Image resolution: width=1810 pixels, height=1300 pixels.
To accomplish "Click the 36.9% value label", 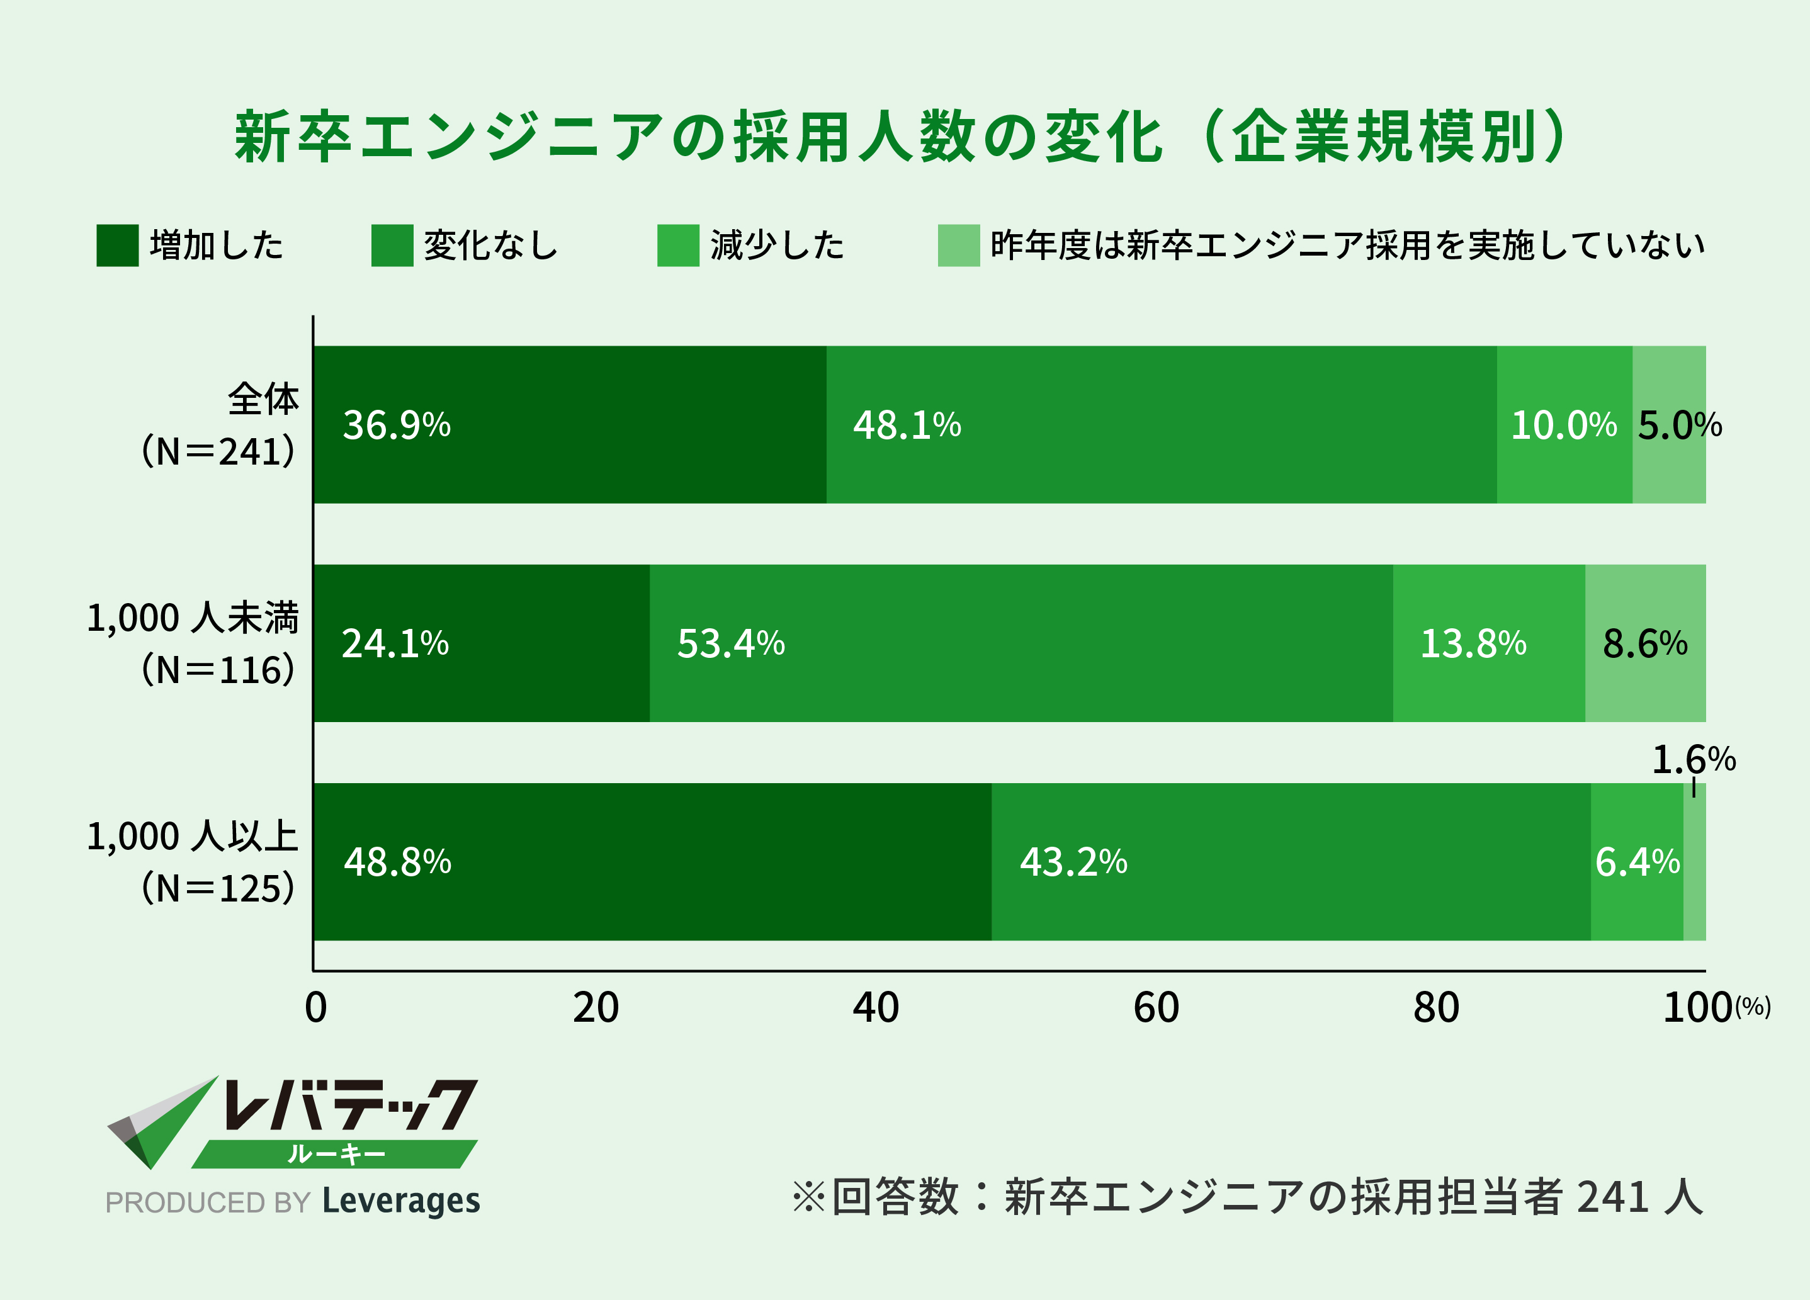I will click(x=397, y=426).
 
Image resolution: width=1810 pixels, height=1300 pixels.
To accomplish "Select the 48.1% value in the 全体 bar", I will click(x=907, y=426).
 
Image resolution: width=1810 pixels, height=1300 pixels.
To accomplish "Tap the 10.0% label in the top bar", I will click(x=1563, y=426).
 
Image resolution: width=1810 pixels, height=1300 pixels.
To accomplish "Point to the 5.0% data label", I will click(x=1679, y=426).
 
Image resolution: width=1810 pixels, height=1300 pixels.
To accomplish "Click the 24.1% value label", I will click(x=395, y=644).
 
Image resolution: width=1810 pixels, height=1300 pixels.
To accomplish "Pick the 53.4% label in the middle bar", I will click(x=730, y=644).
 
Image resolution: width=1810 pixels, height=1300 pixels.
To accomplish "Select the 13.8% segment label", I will click(x=1473, y=644).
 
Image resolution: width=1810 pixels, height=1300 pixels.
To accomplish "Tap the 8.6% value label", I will click(x=1645, y=644).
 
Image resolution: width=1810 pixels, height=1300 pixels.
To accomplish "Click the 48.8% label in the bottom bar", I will click(x=397, y=862).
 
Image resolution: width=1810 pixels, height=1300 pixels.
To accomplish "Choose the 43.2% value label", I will click(x=1073, y=862).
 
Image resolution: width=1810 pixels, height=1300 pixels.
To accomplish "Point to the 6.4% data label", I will click(x=1637, y=862).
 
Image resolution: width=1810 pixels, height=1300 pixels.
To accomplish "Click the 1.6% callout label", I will click(x=1693, y=760).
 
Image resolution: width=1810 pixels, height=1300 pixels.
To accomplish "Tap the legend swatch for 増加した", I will click(x=117, y=245).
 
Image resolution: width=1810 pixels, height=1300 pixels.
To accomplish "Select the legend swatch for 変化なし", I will click(x=392, y=245).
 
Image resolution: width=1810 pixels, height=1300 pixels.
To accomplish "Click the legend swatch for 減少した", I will click(x=677, y=245).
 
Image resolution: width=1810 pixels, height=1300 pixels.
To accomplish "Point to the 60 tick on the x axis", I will click(x=1156, y=1008).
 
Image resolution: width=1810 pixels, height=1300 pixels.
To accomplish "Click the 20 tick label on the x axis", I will click(x=596, y=1008).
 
